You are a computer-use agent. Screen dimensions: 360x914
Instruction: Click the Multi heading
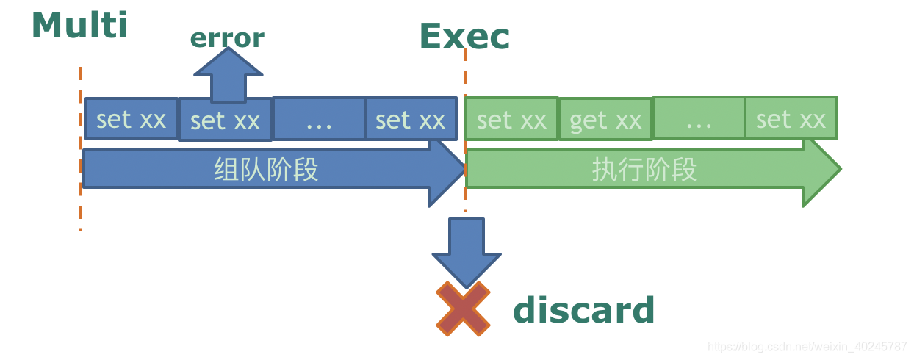[x=79, y=26]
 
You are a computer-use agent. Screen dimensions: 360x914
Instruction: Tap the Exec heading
[x=464, y=37]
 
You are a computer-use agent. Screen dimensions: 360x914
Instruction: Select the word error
[x=227, y=38]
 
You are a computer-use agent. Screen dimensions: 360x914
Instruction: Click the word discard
[x=583, y=311]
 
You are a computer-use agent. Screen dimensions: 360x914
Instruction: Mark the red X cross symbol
[x=463, y=309]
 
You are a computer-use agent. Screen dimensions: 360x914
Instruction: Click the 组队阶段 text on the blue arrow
[x=266, y=170]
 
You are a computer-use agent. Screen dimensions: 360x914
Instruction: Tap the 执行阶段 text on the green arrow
[x=644, y=170]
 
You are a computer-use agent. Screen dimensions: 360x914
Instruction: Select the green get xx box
[x=605, y=119]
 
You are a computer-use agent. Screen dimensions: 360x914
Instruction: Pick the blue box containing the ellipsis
[x=319, y=118]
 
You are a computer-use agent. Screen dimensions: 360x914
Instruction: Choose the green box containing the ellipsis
[x=699, y=118]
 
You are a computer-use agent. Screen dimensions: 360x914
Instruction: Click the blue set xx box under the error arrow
[x=225, y=120]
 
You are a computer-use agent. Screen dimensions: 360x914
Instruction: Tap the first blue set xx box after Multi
[x=132, y=118]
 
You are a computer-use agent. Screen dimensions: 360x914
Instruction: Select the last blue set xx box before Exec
[x=410, y=119]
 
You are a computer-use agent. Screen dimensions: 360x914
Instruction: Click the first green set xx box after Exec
[x=511, y=119]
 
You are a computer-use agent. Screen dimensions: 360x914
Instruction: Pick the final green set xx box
[x=791, y=118]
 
